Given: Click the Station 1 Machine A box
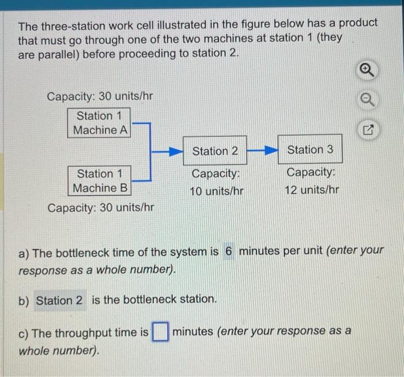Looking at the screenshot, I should pos(100,122).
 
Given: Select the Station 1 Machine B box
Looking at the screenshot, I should pos(100,180).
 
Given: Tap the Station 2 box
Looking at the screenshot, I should pos(215,151).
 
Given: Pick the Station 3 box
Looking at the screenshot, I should pos(310,150).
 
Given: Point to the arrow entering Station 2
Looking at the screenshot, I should pos(169,152).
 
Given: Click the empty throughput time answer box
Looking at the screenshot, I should pos(160,333).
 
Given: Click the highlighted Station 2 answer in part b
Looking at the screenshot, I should pos(59,300).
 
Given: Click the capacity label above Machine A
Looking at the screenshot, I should pos(100,96).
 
